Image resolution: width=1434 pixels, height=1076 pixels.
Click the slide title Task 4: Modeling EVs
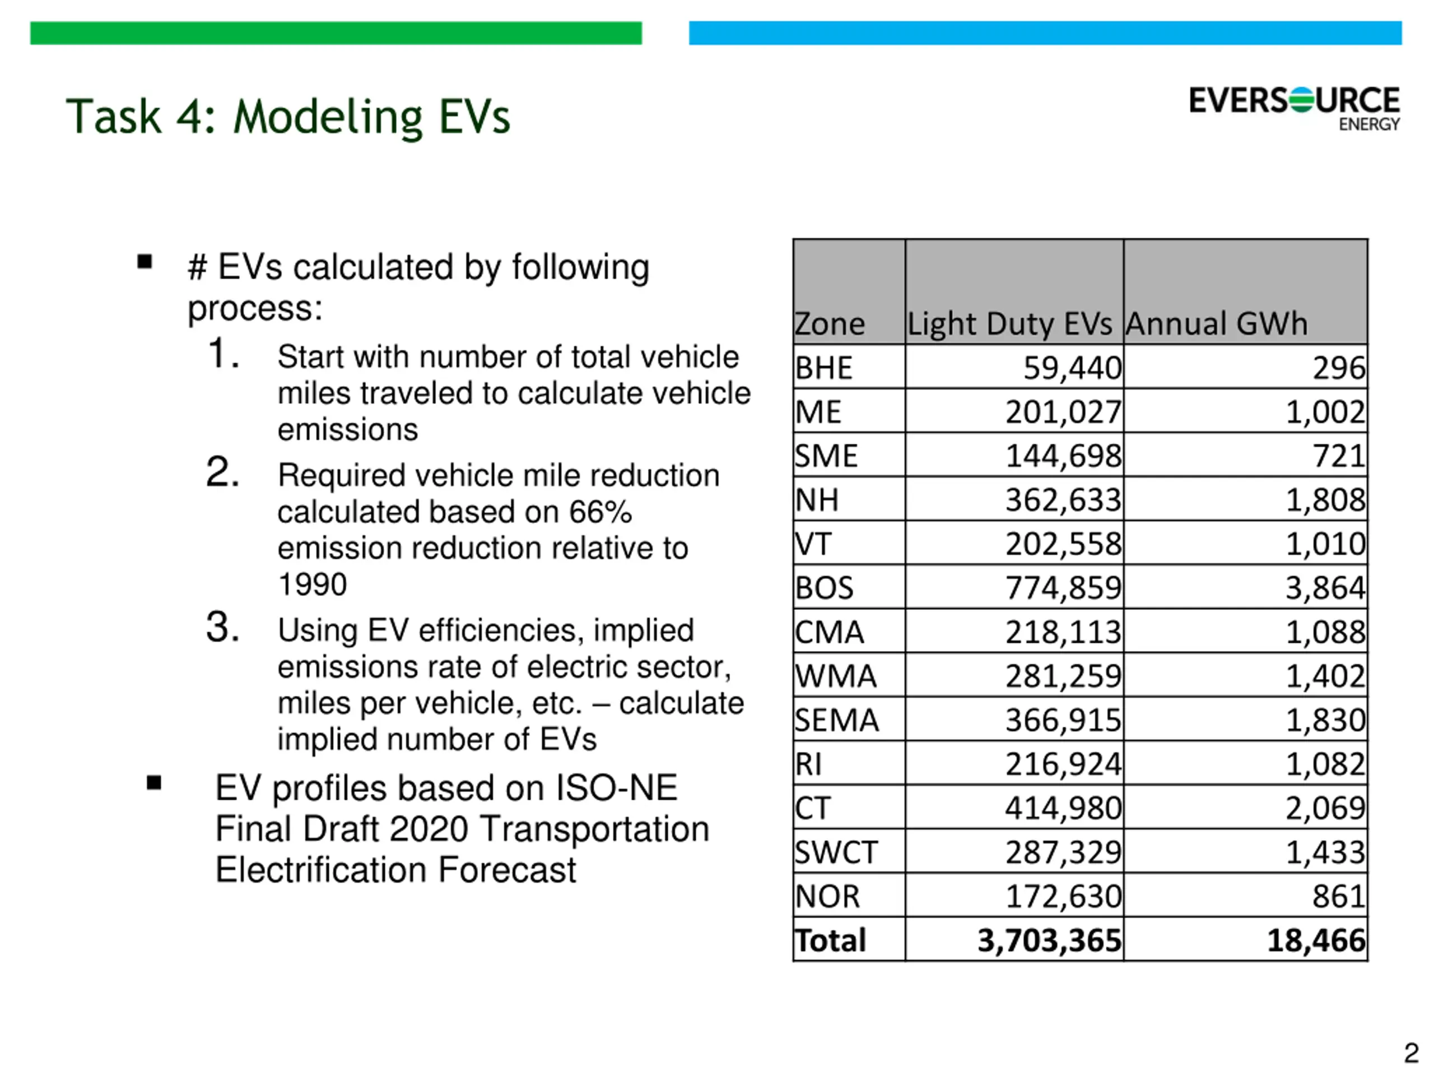(x=288, y=117)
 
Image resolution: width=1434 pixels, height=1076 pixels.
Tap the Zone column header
(x=830, y=324)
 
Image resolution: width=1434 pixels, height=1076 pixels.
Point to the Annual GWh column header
(x=1217, y=324)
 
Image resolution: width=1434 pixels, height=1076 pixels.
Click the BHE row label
(x=823, y=368)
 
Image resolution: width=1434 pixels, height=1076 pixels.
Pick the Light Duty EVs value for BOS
(x=1063, y=588)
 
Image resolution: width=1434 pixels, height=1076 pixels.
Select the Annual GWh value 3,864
(x=1325, y=588)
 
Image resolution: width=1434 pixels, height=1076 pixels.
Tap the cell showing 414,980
(x=1063, y=808)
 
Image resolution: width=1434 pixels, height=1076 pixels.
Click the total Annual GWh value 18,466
(x=1316, y=940)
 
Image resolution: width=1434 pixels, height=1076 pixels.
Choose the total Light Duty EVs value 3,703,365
(x=1050, y=940)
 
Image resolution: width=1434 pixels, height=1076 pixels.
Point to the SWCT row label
(x=836, y=852)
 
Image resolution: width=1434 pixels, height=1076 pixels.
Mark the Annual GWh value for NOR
(x=1339, y=896)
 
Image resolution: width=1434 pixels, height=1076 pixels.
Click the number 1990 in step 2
(x=313, y=585)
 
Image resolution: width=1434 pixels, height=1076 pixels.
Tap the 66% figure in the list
(x=600, y=512)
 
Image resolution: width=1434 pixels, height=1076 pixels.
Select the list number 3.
(x=222, y=627)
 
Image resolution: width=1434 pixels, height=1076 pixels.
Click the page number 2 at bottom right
(x=1411, y=1052)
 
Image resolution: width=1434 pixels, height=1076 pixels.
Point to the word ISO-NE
(x=617, y=788)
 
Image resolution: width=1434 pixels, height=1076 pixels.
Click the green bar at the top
(x=336, y=33)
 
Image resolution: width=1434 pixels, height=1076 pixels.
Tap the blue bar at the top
(x=1045, y=33)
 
